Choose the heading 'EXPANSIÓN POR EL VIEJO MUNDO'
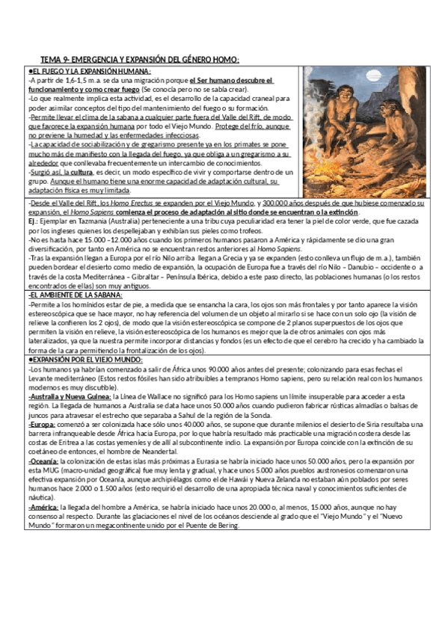point(85,360)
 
